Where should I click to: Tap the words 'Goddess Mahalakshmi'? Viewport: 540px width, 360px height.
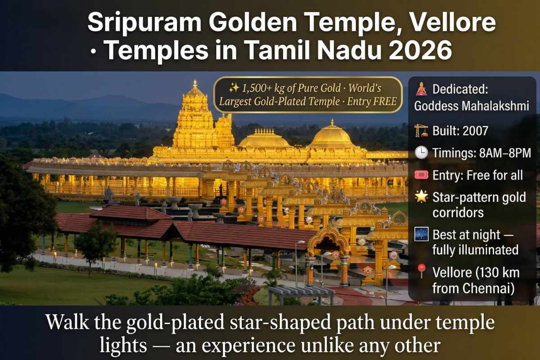[x=472, y=106]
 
